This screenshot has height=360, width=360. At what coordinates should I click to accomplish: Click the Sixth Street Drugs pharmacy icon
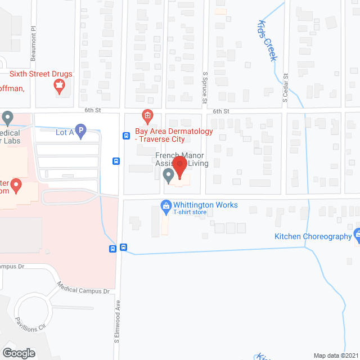coord(58,86)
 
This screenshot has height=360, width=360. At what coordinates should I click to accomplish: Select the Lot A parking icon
coord(80,133)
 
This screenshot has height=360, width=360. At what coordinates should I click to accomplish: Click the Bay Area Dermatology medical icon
coord(147,117)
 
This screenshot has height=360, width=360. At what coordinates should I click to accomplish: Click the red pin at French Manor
coord(180,168)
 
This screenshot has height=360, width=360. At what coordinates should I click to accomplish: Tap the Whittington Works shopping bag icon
coord(166,206)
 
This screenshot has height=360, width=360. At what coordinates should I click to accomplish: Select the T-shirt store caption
coord(189,213)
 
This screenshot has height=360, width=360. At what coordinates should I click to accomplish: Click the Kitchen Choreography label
coord(313,237)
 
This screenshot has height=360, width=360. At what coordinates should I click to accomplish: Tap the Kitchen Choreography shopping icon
coord(357,233)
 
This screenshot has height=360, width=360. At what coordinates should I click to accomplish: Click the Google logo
coord(18,353)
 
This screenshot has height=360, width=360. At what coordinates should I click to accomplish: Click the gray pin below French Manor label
coord(168,177)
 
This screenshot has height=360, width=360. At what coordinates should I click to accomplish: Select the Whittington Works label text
coord(206,205)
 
